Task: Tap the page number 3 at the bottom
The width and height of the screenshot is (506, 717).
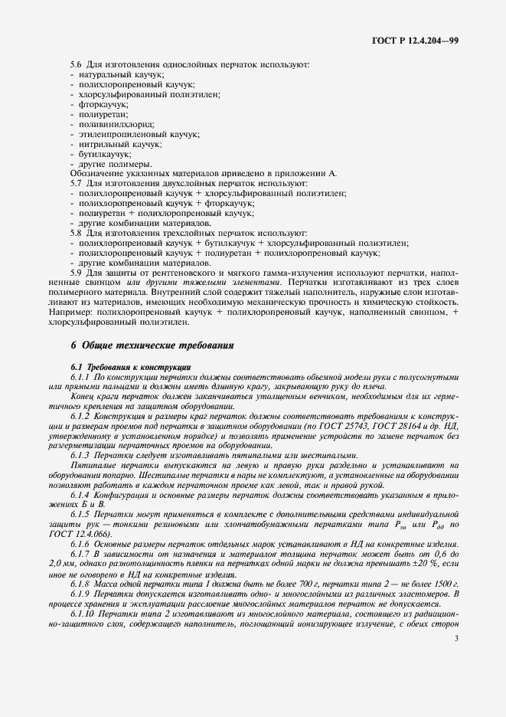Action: pyautogui.click(x=455, y=638)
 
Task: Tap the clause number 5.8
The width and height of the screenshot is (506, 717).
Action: pyautogui.click(x=75, y=232)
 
